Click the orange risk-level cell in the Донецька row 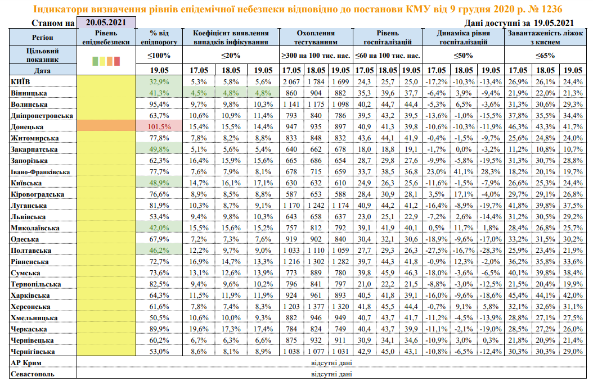coord(106,126)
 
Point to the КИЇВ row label coord(21,81)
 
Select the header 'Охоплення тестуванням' coord(316,38)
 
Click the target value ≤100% coord(159,55)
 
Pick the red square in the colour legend coord(117,61)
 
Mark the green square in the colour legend coord(95,61)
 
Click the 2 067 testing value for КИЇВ coord(291,81)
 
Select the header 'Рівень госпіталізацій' coord(388,38)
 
